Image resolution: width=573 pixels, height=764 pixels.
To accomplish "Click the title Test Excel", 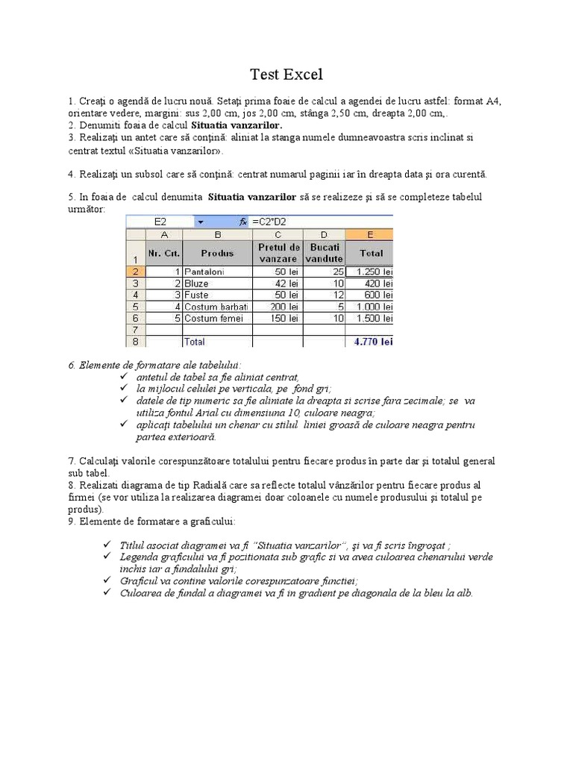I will [x=286, y=74].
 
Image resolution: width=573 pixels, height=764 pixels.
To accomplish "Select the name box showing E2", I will [x=160, y=222].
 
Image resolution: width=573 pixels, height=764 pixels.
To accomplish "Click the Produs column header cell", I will [x=217, y=253].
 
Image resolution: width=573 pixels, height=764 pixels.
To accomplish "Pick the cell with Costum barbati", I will [x=216, y=307].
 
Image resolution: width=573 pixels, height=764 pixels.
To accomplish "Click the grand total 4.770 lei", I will [x=373, y=342].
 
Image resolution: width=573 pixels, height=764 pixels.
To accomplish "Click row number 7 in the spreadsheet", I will [x=135, y=329].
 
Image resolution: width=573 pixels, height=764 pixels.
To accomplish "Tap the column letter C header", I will [x=278, y=234].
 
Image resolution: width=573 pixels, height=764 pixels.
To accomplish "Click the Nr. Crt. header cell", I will [x=163, y=253].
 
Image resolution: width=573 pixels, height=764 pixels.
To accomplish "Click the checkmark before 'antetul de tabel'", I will [x=125, y=377].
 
